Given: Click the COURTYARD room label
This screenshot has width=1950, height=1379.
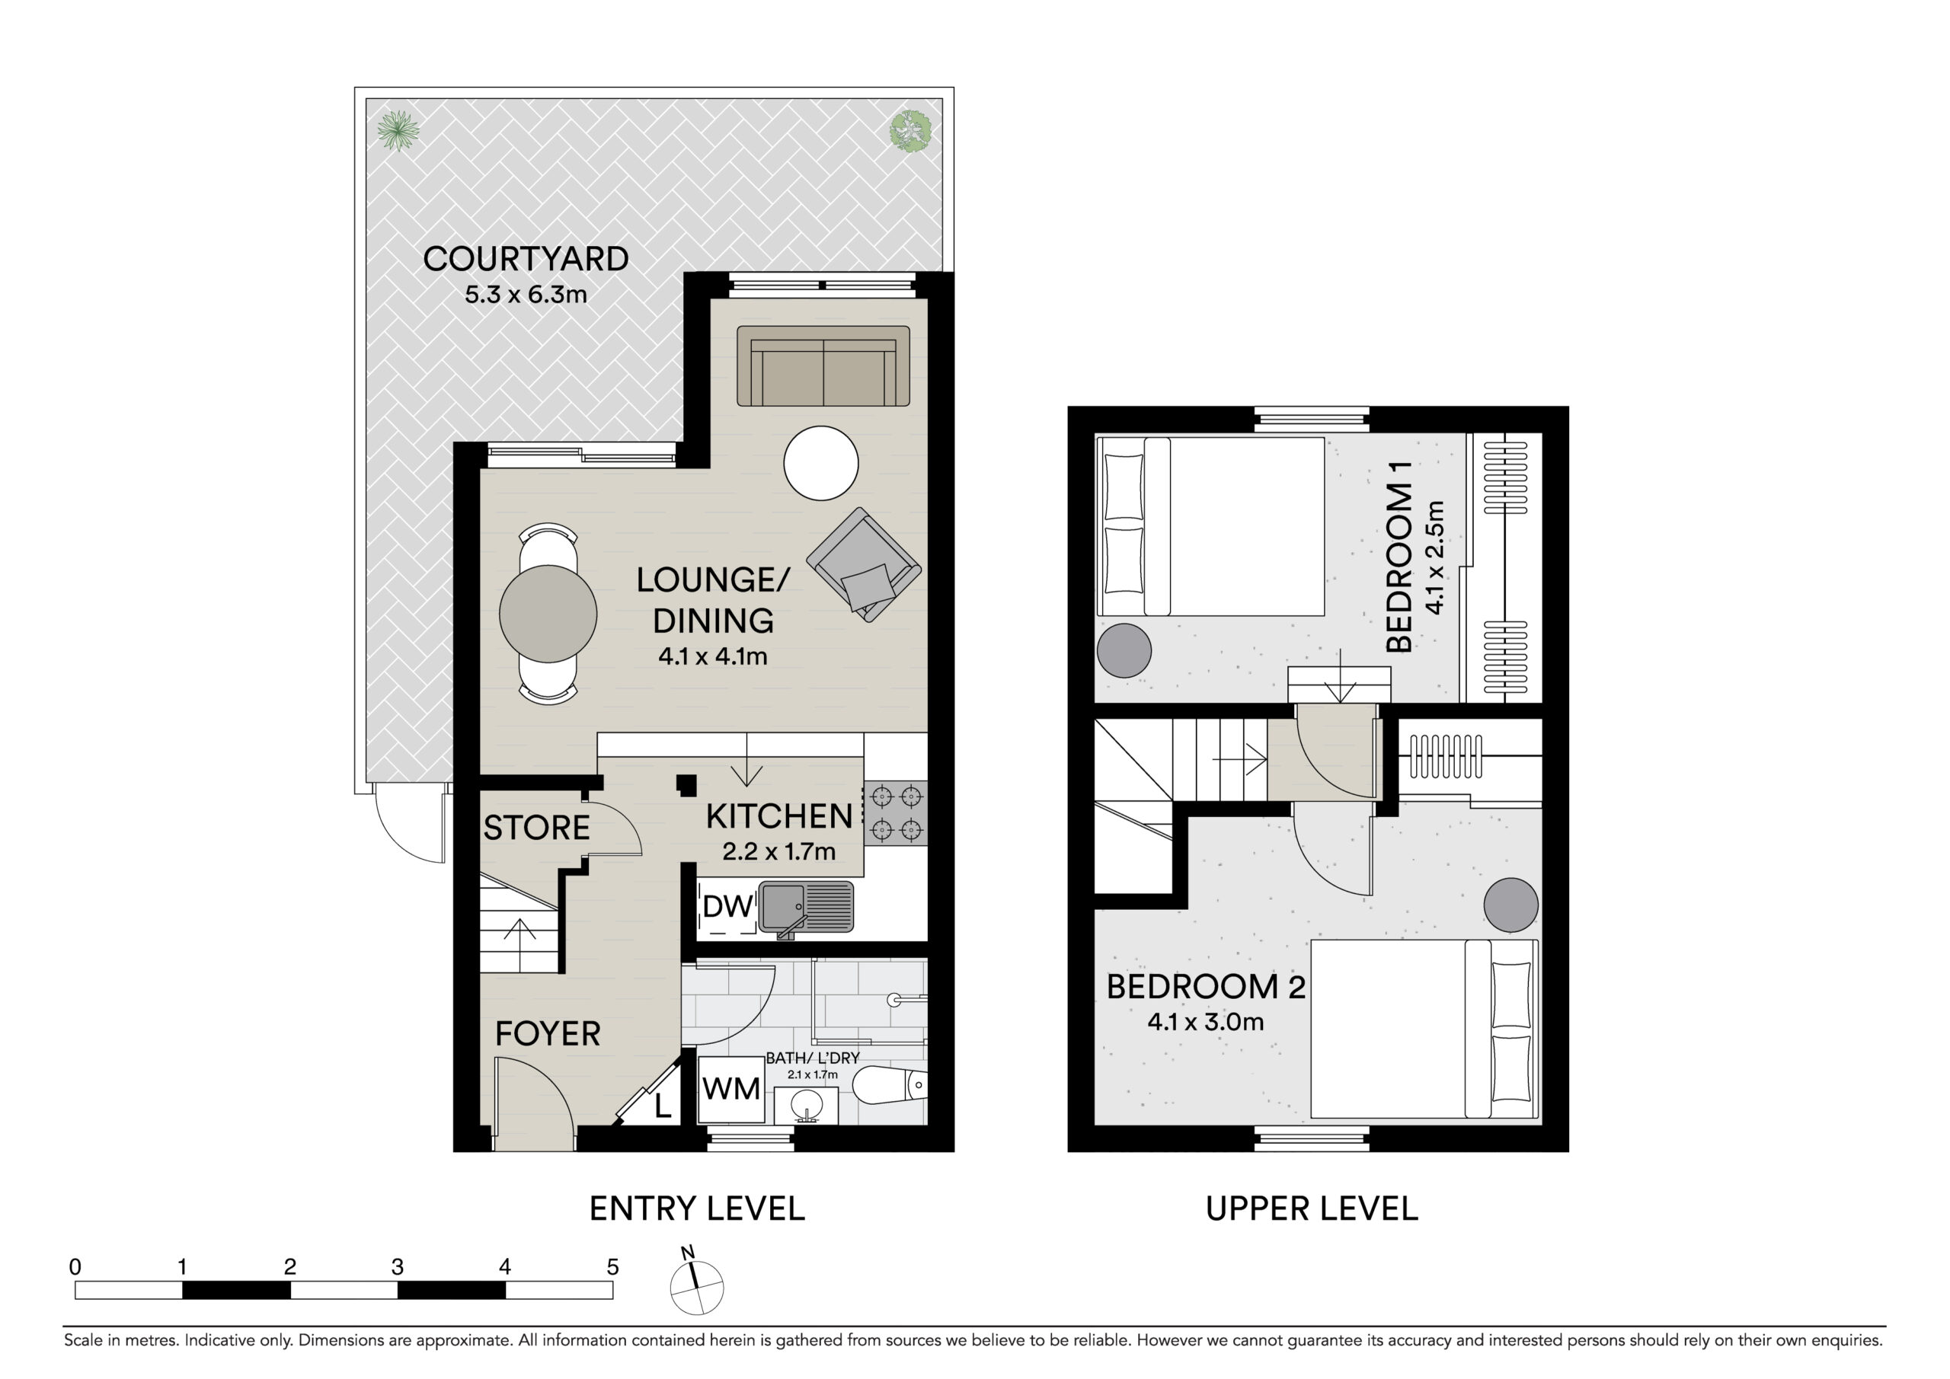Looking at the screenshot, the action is [x=526, y=259].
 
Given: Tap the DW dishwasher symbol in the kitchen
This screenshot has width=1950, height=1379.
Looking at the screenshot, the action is [x=727, y=908].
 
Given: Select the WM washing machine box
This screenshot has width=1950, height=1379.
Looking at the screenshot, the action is [x=731, y=1090].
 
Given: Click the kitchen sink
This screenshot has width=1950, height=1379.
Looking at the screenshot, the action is [x=806, y=908].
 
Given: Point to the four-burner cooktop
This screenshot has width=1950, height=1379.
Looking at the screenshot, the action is [x=896, y=812].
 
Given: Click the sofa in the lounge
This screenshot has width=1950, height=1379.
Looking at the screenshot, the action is [x=823, y=366].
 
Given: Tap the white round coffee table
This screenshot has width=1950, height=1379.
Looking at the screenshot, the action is [x=821, y=464].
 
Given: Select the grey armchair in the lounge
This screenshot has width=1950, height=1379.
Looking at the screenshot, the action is [x=864, y=565].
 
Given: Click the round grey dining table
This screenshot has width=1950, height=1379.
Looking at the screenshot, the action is [x=548, y=613].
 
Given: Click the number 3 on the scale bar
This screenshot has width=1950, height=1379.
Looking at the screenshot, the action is [x=398, y=1268].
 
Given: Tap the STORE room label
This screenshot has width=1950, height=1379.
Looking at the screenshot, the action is [x=537, y=828].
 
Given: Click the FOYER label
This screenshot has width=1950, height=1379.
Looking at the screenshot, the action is [x=548, y=1034].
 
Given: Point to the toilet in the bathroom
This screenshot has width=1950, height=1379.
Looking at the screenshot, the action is [x=889, y=1086].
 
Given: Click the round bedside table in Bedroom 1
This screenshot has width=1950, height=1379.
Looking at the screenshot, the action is [x=1124, y=650].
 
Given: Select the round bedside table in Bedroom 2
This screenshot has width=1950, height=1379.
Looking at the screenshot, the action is [x=1511, y=905].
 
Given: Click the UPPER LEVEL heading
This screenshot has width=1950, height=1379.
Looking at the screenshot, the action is [x=1312, y=1209].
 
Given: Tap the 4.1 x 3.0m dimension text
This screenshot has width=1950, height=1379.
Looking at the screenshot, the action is [x=1206, y=1023].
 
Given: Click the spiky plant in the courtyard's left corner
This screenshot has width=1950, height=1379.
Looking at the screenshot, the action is [x=398, y=131].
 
